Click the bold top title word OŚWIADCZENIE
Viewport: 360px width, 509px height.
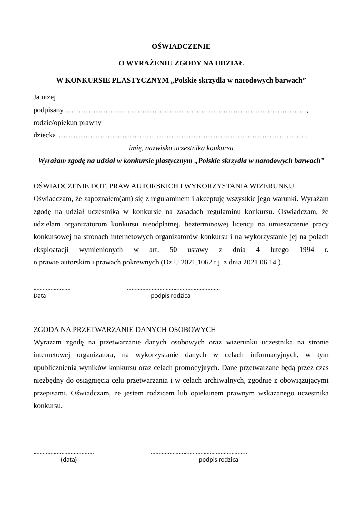click(x=181, y=46)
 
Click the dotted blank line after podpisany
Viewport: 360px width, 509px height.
click(x=185, y=111)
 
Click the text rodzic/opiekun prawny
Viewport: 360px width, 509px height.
click(x=67, y=123)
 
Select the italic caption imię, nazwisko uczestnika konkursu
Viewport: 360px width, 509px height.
click(x=181, y=148)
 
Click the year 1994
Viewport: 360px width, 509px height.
click(x=306, y=250)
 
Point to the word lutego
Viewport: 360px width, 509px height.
click(x=270, y=250)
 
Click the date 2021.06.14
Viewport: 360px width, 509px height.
click(x=260, y=262)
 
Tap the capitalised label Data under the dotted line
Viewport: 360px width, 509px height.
click(x=40, y=296)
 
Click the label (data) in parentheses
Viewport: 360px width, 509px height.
click(x=69, y=460)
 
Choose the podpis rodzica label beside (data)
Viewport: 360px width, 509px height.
click(x=218, y=460)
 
